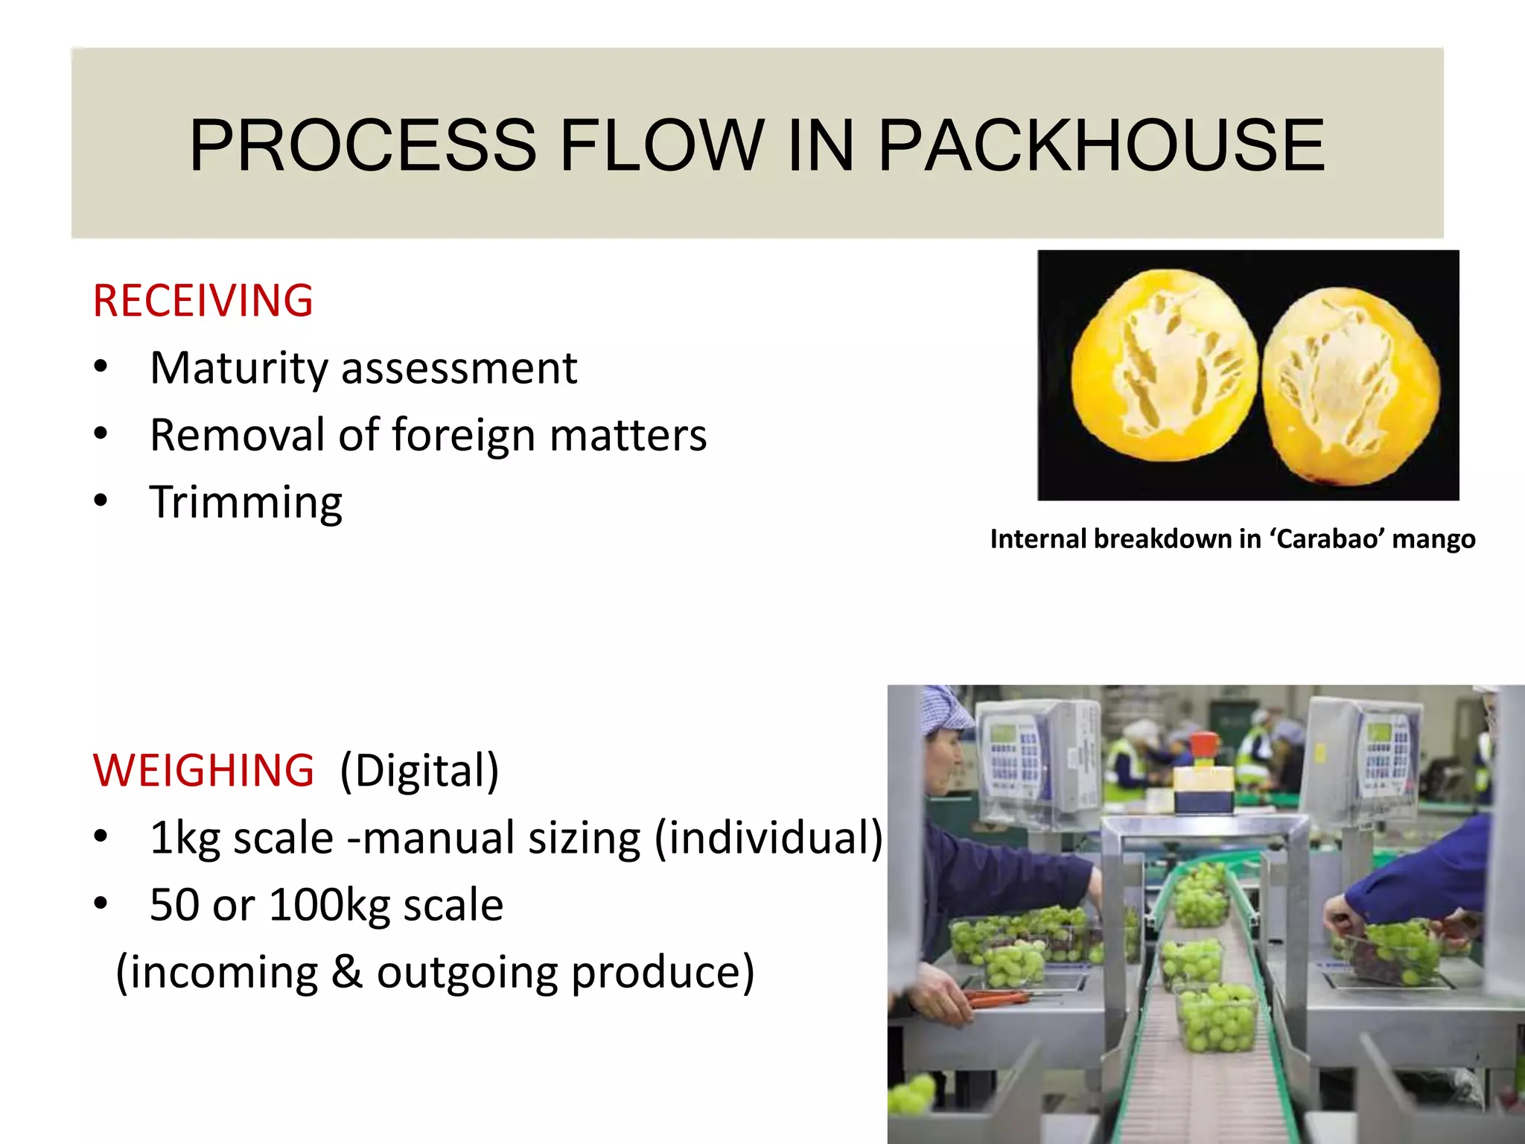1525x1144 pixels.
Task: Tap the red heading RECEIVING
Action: [x=203, y=301]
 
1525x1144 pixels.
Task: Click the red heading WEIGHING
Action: [x=203, y=770]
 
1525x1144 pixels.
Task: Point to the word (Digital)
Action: [x=419, y=770]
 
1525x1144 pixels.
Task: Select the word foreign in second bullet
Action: [x=463, y=436]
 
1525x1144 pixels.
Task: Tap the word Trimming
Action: [x=246, y=503]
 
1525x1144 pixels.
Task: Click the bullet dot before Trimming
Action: [x=101, y=501]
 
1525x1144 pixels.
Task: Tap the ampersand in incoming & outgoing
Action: [x=347, y=973]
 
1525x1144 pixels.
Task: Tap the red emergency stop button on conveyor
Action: [x=1203, y=745]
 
